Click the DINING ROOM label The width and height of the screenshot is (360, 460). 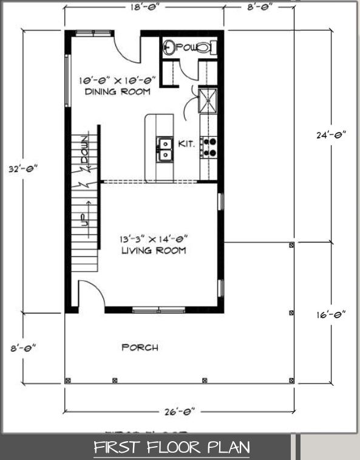(x=118, y=92)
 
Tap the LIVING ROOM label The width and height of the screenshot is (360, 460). (x=154, y=250)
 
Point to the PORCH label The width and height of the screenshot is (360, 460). (x=140, y=348)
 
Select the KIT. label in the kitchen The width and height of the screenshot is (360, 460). (x=186, y=144)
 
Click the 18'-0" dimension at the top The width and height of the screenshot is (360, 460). (x=144, y=7)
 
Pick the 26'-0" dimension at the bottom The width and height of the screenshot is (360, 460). (x=180, y=411)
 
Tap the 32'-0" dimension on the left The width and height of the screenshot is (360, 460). (x=23, y=169)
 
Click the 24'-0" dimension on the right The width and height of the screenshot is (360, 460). (x=331, y=135)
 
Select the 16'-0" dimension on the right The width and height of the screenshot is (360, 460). (x=331, y=315)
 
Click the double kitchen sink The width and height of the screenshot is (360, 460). (x=165, y=149)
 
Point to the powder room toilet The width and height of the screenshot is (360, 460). (x=206, y=47)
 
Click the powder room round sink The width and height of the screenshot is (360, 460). (x=169, y=47)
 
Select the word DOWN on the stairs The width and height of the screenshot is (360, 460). (x=85, y=149)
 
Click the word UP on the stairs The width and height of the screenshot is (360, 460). (x=85, y=219)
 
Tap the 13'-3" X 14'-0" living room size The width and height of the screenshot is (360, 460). (x=154, y=239)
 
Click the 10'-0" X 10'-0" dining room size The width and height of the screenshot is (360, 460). (x=117, y=80)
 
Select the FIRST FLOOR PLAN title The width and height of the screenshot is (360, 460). (x=172, y=447)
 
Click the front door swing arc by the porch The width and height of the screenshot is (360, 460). (x=96, y=289)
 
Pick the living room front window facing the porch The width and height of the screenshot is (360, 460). (x=158, y=310)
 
